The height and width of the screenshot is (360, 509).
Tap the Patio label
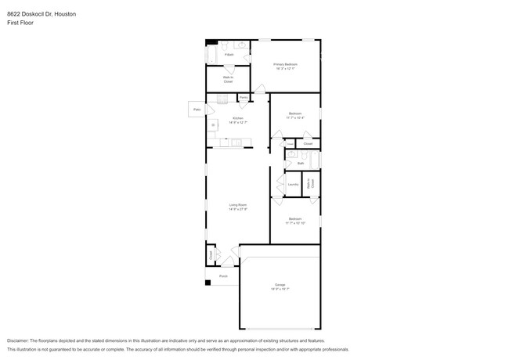(197, 110)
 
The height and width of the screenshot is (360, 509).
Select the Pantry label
(244, 98)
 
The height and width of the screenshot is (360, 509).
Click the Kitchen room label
(238, 118)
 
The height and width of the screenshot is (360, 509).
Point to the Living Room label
(238, 205)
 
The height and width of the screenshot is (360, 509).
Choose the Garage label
(280, 284)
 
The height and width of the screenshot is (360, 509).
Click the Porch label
(223, 276)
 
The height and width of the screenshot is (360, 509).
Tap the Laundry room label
(293, 185)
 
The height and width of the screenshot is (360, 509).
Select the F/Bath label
(229, 55)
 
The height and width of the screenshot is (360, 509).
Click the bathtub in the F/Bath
(211, 54)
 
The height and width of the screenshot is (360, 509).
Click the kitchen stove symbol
(212, 124)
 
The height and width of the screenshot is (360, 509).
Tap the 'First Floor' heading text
(20, 23)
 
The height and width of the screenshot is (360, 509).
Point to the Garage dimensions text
(280, 289)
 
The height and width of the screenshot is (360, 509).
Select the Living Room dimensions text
(238, 210)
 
